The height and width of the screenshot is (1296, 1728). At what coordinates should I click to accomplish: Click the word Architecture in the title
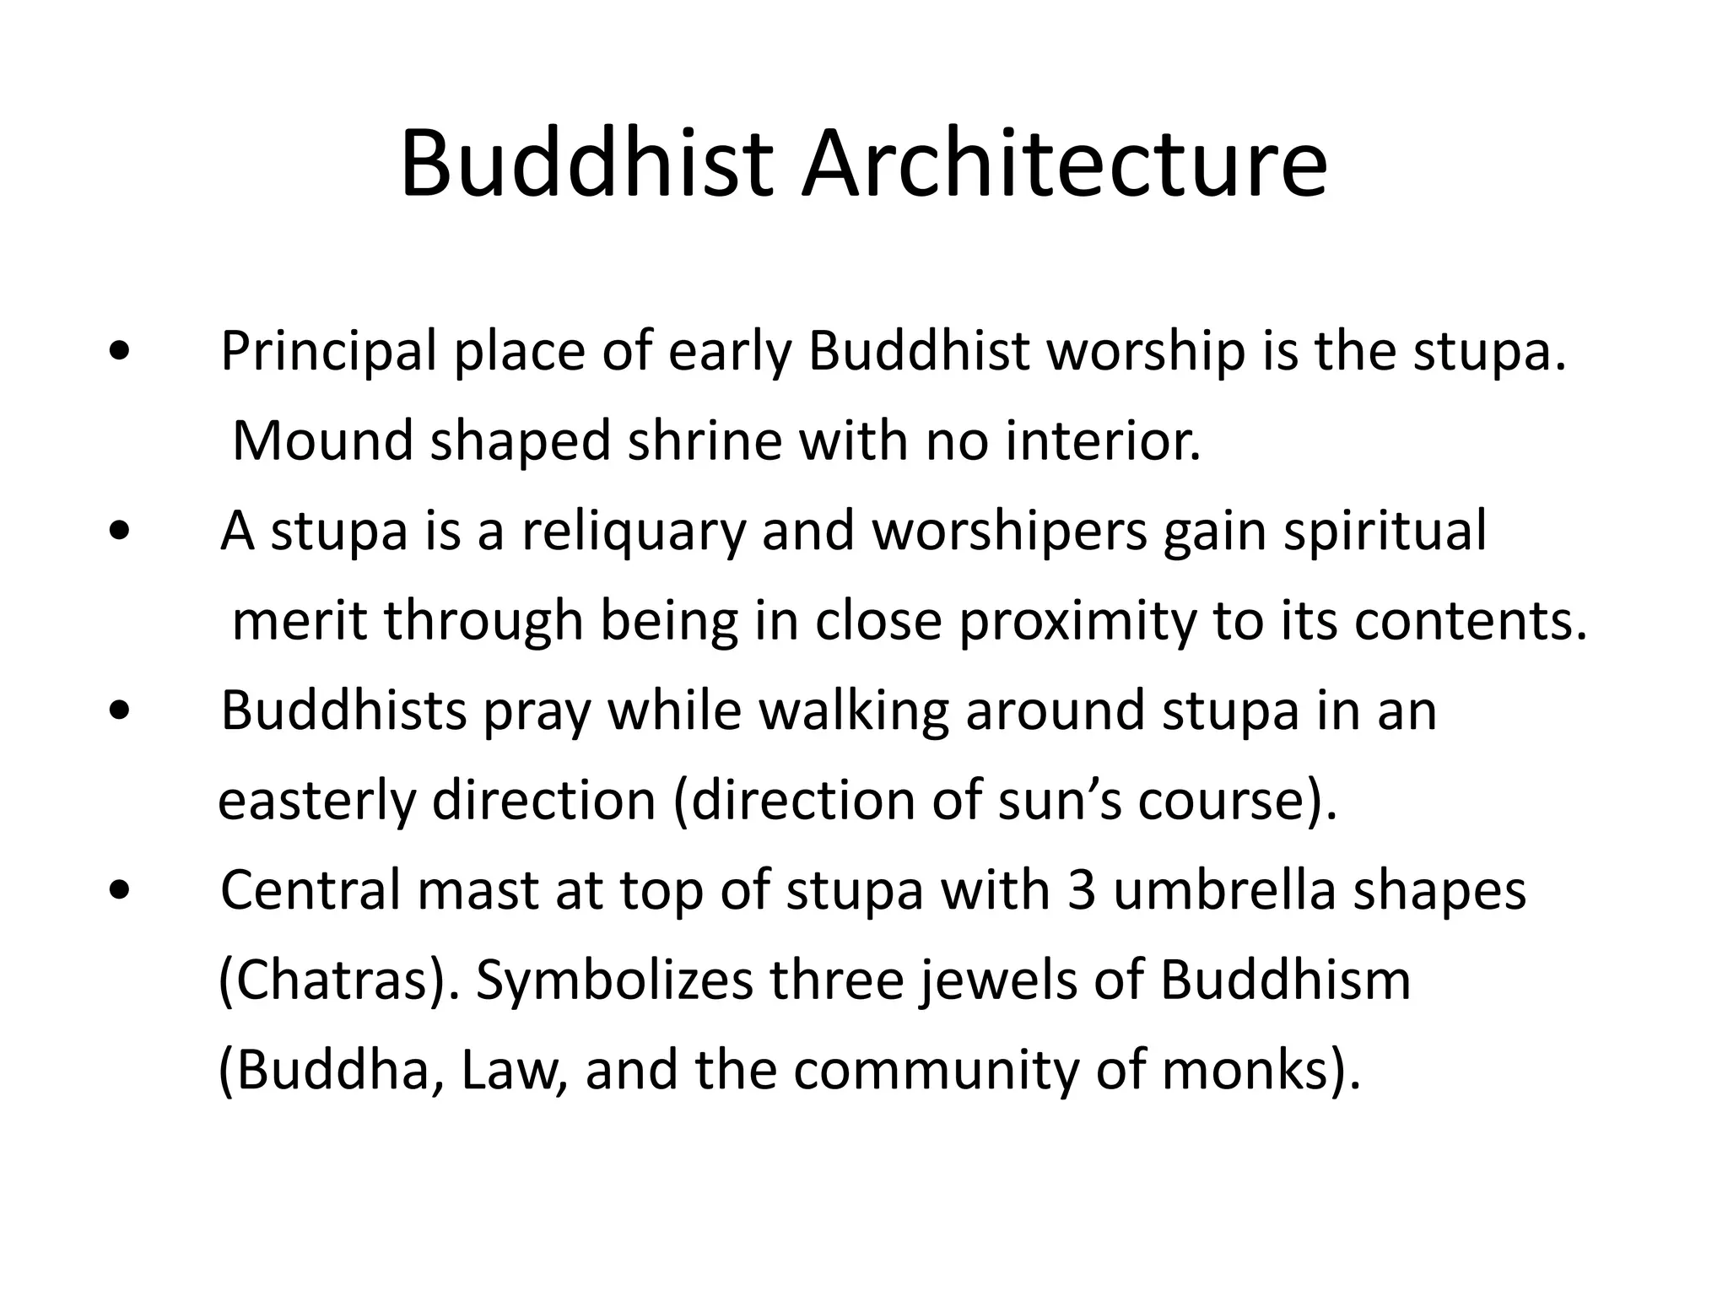click(x=1064, y=165)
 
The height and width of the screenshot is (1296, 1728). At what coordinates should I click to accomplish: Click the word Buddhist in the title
click(x=586, y=165)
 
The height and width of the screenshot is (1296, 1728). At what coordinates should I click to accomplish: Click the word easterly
click(x=316, y=802)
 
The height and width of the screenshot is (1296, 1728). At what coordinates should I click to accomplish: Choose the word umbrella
click(x=1224, y=891)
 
